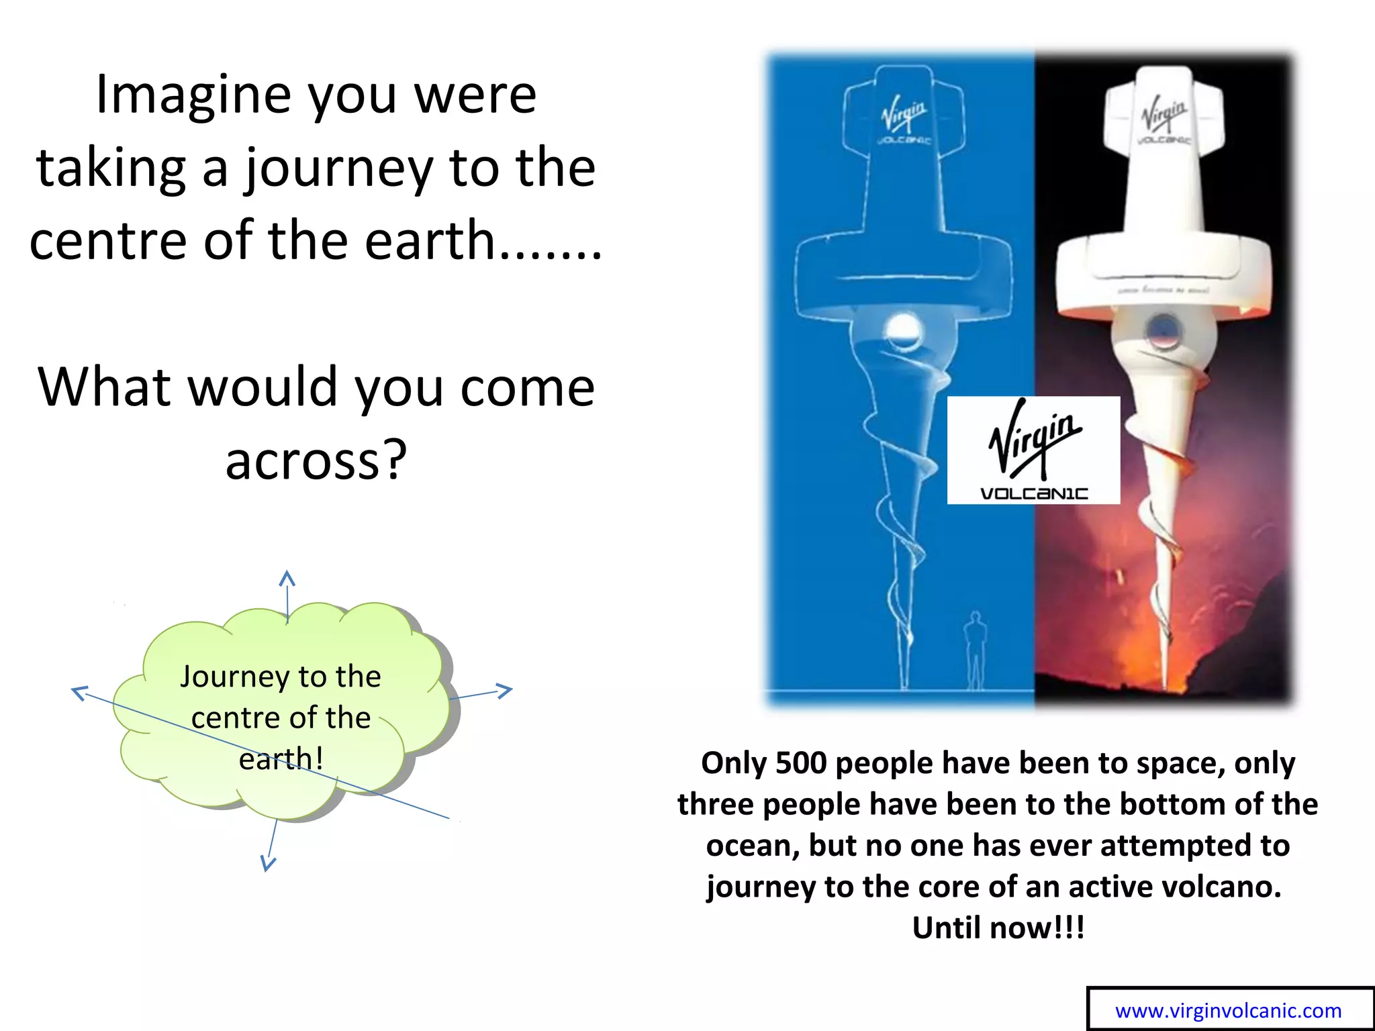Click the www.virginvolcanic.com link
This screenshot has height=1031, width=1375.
point(1228,1011)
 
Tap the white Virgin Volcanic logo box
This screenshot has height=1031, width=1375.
point(1033,450)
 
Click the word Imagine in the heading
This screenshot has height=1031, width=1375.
point(193,95)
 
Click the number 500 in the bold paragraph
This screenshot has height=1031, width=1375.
point(800,763)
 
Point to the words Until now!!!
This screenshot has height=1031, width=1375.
point(998,928)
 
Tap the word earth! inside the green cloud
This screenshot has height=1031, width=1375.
point(281,759)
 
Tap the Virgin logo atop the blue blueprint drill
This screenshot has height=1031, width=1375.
point(904,113)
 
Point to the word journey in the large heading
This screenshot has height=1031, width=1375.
point(338,168)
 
